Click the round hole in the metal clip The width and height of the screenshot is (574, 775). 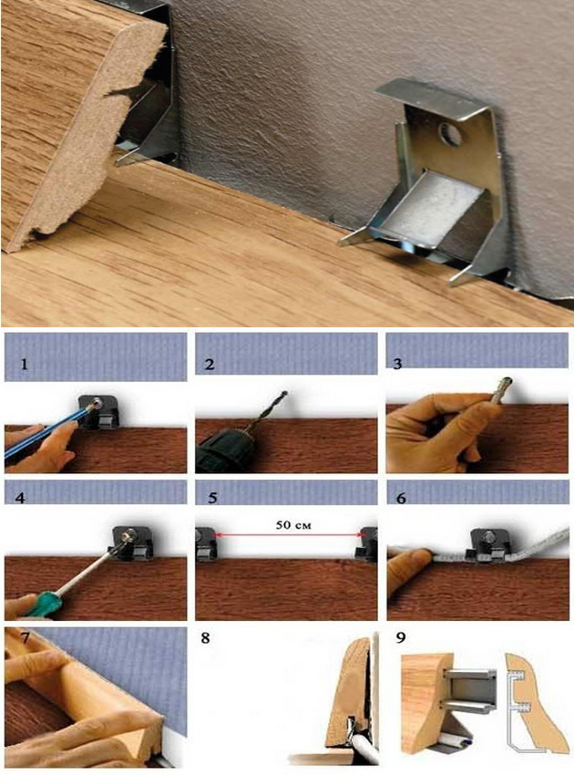(449, 134)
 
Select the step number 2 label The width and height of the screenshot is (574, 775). (210, 365)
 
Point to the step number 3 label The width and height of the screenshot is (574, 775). (398, 365)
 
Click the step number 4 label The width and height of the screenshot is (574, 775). (20, 498)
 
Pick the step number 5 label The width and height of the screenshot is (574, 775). (213, 498)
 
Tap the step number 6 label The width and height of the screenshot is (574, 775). (401, 498)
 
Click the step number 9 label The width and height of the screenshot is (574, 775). (401, 637)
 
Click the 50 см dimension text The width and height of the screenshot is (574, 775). (293, 525)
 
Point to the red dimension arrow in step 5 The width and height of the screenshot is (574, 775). (288, 535)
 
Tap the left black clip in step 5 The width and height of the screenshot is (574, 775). (207, 543)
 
